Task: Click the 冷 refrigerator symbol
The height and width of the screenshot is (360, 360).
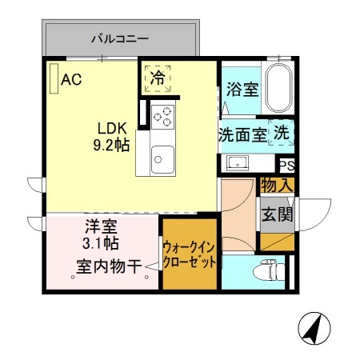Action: click(158, 78)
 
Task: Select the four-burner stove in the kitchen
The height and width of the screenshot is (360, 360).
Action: click(163, 116)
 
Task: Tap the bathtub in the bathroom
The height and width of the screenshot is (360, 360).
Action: click(278, 90)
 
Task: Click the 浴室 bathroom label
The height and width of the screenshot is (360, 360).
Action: click(242, 90)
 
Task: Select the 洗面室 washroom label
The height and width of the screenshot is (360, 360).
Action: click(242, 134)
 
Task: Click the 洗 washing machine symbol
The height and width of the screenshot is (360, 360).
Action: click(283, 133)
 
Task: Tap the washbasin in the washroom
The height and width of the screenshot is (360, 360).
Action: click(237, 163)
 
